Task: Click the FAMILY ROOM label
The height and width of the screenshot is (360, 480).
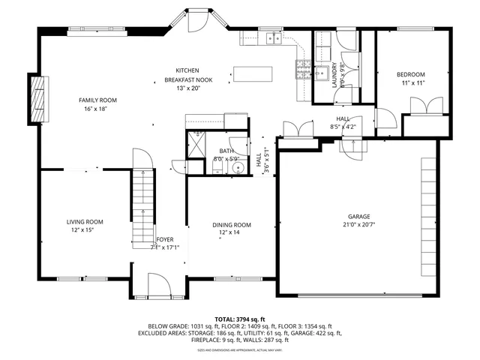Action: (98, 100)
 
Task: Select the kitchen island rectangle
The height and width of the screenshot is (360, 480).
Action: (252, 73)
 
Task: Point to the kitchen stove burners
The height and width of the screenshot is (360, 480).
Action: (303, 71)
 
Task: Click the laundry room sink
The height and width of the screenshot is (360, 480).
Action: (322, 73)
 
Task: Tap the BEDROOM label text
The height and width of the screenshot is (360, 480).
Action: (411, 74)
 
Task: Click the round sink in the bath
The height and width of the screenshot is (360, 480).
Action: (236, 168)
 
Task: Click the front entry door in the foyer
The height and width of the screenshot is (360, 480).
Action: (158, 286)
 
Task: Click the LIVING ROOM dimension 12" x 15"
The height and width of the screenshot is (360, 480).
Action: (84, 229)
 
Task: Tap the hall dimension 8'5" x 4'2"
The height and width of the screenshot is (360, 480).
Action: (343, 127)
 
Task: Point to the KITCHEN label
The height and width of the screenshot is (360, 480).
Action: (187, 70)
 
